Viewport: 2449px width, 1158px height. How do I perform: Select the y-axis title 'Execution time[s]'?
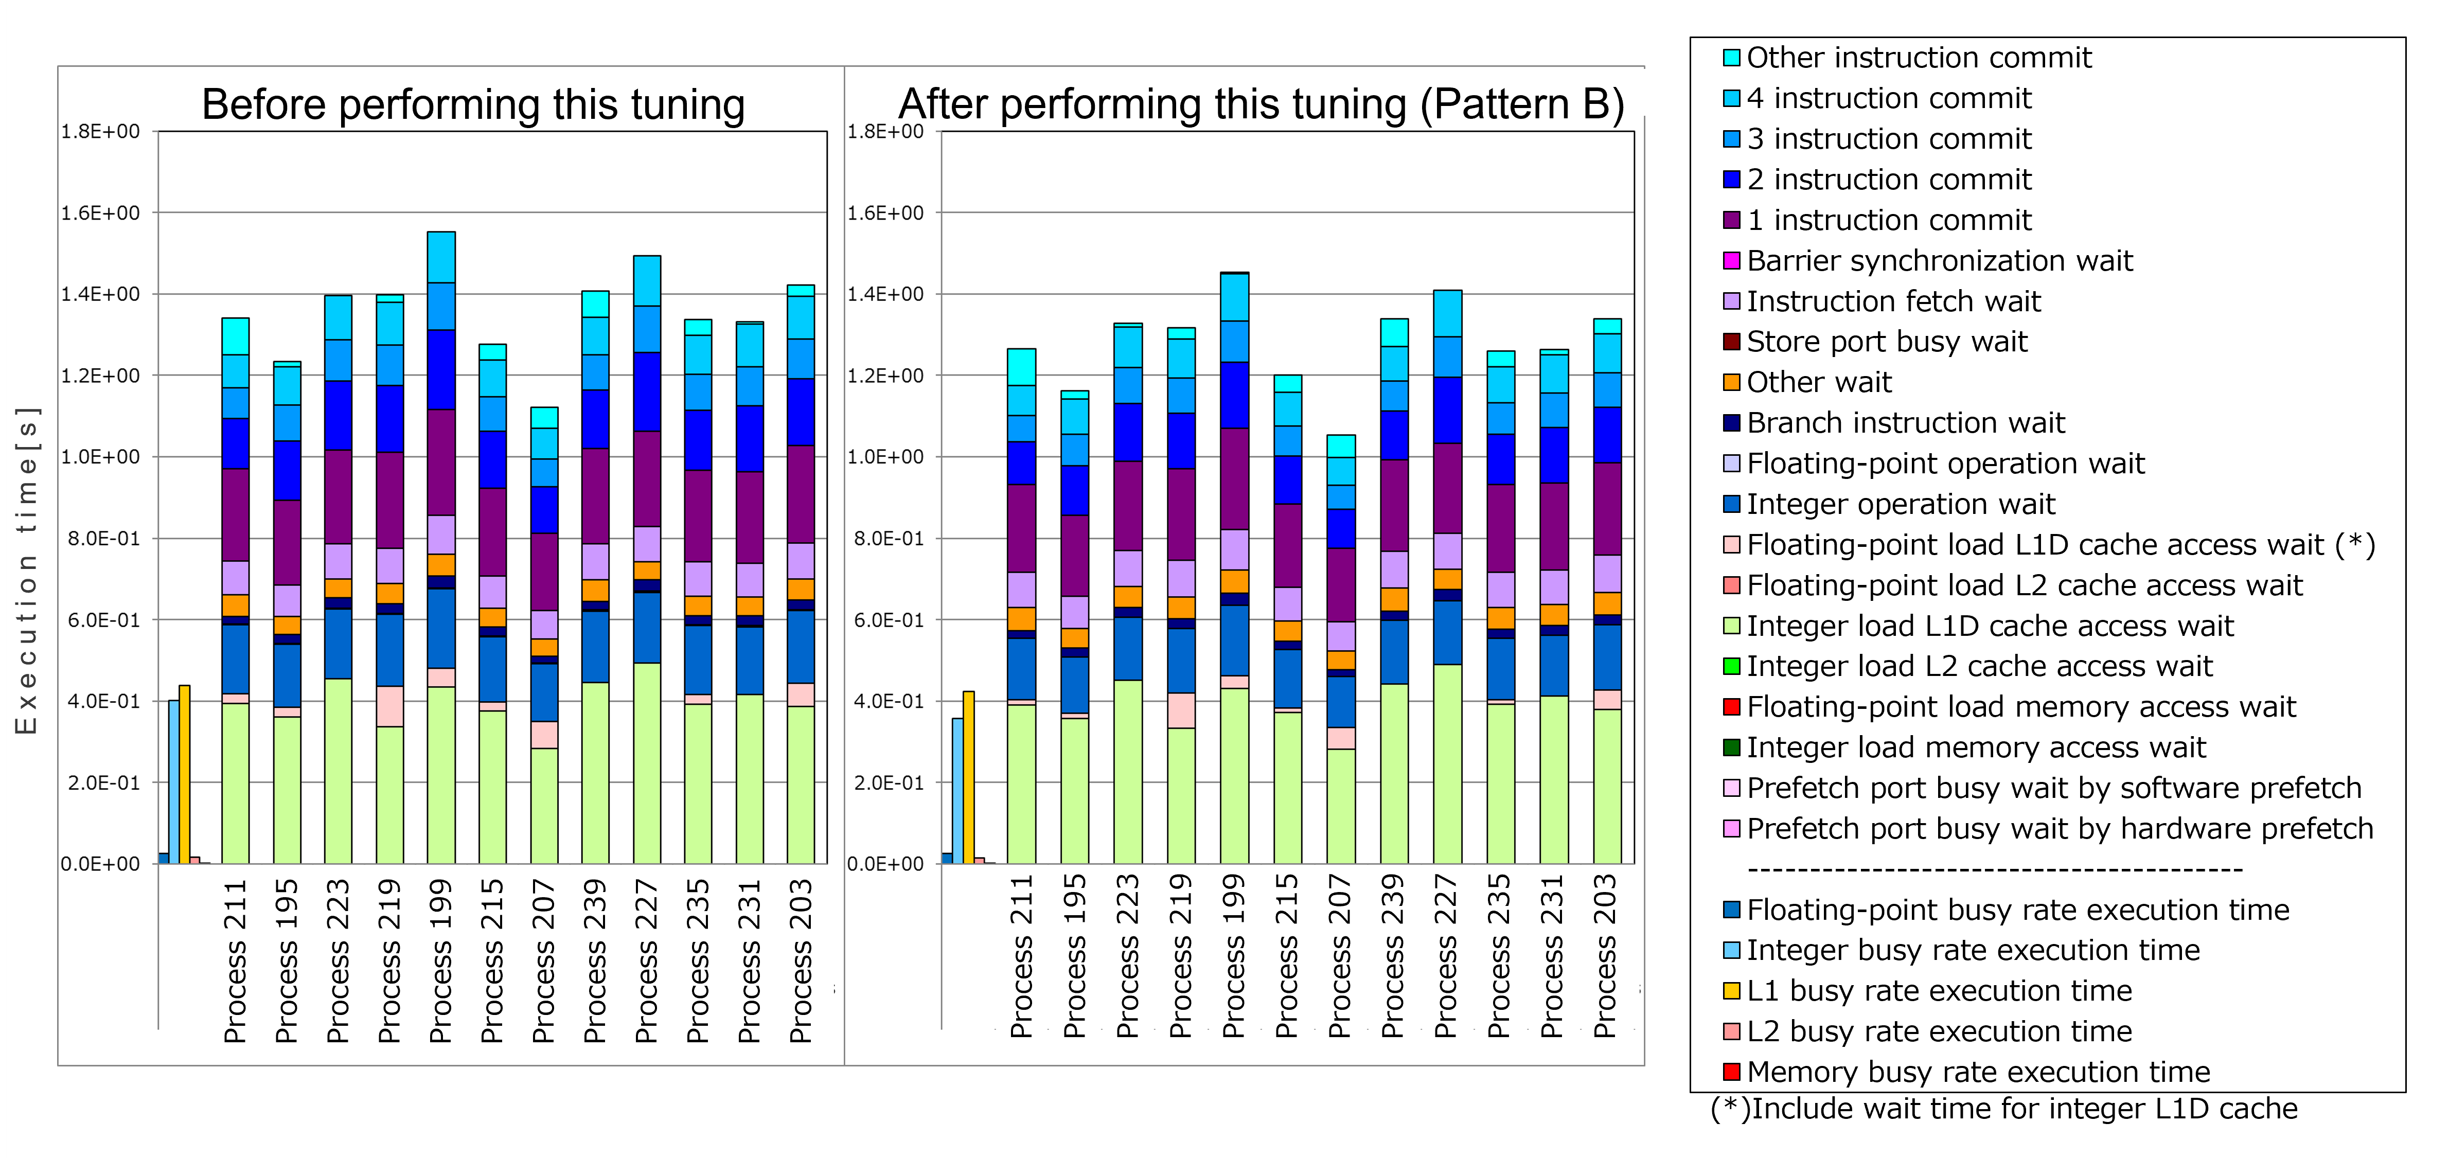(x=27, y=571)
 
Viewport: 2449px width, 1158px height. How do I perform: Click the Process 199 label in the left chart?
(x=441, y=960)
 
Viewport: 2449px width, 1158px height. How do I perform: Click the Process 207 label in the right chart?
(x=1340, y=955)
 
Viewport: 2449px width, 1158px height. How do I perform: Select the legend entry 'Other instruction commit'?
(x=1919, y=58)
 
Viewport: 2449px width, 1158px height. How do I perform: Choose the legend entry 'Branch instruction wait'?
(x=1905, y=423)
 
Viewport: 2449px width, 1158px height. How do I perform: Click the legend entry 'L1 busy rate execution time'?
(x=1939, y=991)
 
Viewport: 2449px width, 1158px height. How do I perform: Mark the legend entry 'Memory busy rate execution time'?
(x=1977, y=1072)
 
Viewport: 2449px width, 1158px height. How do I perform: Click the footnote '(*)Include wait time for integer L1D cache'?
(x=2003, y=1109)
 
